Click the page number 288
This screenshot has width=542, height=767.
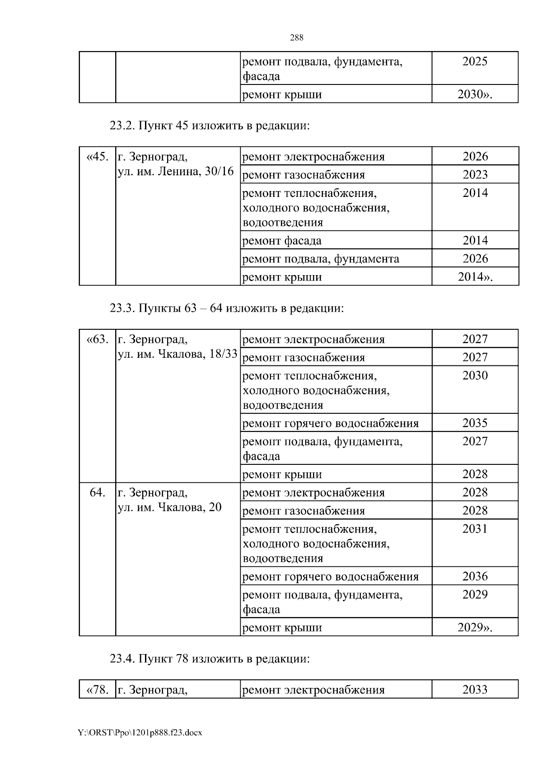click(x=296, y=38)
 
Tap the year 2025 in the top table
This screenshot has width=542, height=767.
click(x=475, y=61)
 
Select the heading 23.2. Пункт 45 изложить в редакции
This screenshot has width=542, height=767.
click(x=210, y=126)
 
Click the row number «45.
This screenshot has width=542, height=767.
click(x=97, y=157)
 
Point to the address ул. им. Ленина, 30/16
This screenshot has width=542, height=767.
click(x=176, y=172)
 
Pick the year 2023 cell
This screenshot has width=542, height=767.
click(x=475, y=174)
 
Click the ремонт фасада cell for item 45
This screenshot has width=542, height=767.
click(x=282, y=241)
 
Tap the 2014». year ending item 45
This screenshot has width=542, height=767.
click(x=475, y=277)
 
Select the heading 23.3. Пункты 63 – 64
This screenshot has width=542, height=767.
click(x=227, y=308)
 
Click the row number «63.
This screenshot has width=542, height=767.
click(x=97, y=339)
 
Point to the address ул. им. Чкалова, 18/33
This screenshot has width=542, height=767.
click(x=178, y=354)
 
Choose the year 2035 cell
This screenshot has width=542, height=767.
click(x=475, y=423)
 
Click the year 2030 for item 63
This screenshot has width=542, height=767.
click(x=475, y=375)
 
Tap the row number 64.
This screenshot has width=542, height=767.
click(x=97, y=492)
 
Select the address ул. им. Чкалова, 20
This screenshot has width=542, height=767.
click(x=169, y=507)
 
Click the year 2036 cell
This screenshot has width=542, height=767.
click(x=475, y=576)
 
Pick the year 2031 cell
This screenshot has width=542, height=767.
click(x=475, y=528)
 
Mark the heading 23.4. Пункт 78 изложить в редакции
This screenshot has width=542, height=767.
click(x=210, y=659)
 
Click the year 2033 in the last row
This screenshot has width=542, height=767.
click(x=475, y=690)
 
